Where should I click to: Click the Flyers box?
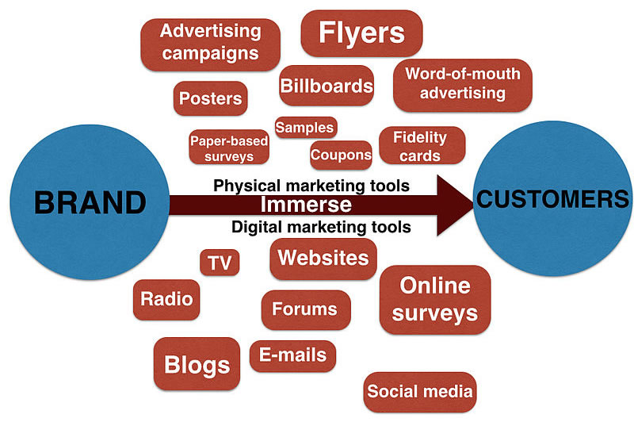pyautogui.click(x=361, y=33)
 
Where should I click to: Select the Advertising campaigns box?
pyautogui.click(x=210, y=43)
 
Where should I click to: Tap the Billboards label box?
pyautogui.click(x=326, y=86)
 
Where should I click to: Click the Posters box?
pyautogui.click(x=210, y=99)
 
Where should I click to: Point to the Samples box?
pyautogui.click(x=305, y=128)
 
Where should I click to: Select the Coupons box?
pyautogui.click(x=341, y=155)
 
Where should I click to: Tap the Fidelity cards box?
pyautogui.click(x=420, y=146)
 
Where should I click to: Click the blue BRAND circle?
pyautogui.click(x=79, y=202)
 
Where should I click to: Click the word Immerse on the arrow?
pyautogui.click(x=306, y=205)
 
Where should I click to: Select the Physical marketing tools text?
pyautogui.click(x=311, y=186)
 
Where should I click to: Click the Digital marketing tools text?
pyautogui.click(x=320, y=227)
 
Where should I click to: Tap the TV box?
pyautogui.click(x=220, y=263)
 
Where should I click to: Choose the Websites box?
pyautogui.click(x=323, y=259)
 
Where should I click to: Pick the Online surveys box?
pyautogui.click(x=435, y=299)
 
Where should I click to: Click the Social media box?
pyautogui.click(x=420, y=391)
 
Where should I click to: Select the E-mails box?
pyautogui.click(x=292, y=356)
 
